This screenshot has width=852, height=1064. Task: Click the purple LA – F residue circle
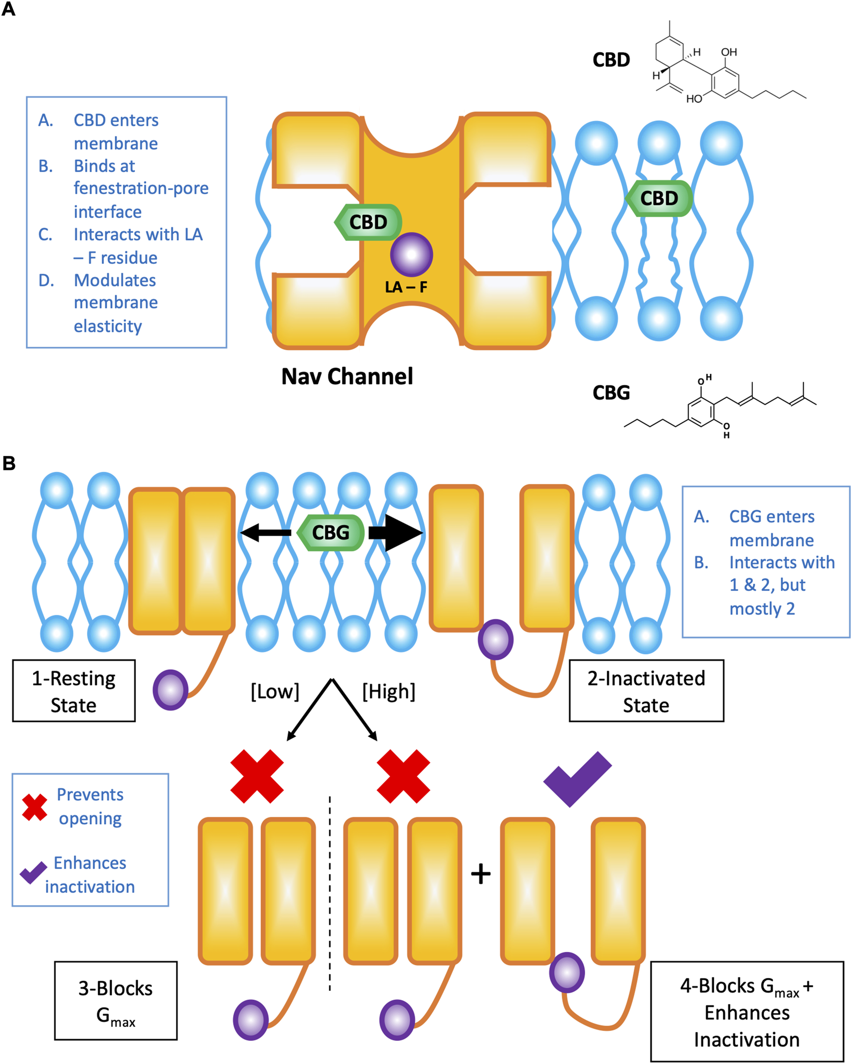(x=412, y=254)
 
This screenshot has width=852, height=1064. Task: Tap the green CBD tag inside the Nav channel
(x=368, y=222)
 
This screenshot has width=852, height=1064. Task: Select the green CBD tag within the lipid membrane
(x=659, y=198)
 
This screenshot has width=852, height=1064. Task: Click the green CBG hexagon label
(x=331, y=532)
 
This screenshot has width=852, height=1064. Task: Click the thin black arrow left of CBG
(x=265, y=532)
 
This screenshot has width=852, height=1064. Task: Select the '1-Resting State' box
(x=74, y=691)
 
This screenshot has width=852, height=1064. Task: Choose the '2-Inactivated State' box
(x=646, y=691)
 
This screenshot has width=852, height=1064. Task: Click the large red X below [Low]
(x=257, y=776)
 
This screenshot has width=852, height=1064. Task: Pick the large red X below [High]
(x=403, y=776)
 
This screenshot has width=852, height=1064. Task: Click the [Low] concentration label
(x=275, y=691)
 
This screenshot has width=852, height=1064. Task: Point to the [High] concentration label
(x=389, y=691)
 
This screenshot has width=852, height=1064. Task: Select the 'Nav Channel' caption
(x=347, y=377)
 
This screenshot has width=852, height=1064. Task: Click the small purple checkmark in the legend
(x=33, y=873)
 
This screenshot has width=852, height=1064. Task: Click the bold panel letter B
(x=9, y=463)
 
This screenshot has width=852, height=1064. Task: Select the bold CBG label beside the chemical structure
(x=611, y=393)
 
